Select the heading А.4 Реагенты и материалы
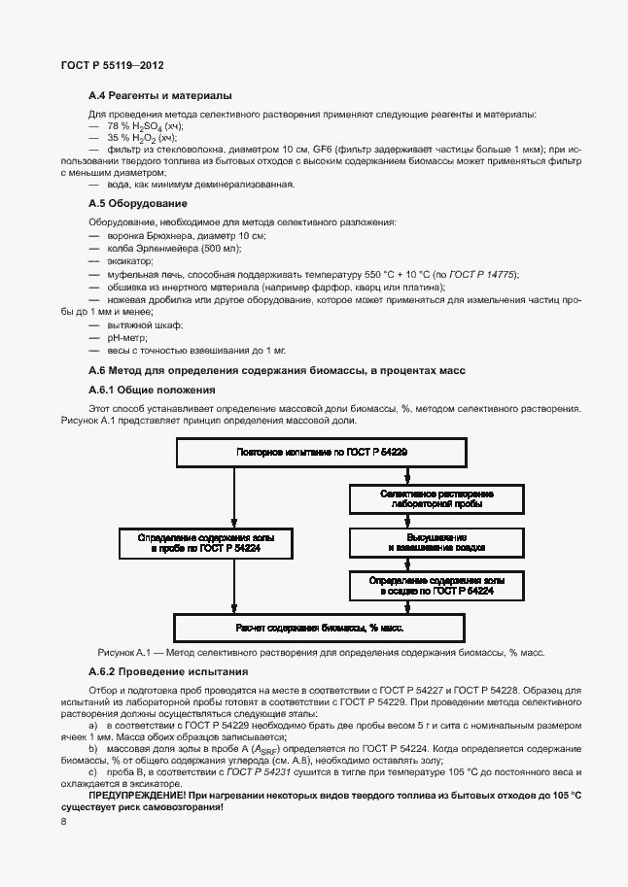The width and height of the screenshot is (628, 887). click(159, 96)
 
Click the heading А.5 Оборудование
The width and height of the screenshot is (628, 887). click(137, 203)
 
